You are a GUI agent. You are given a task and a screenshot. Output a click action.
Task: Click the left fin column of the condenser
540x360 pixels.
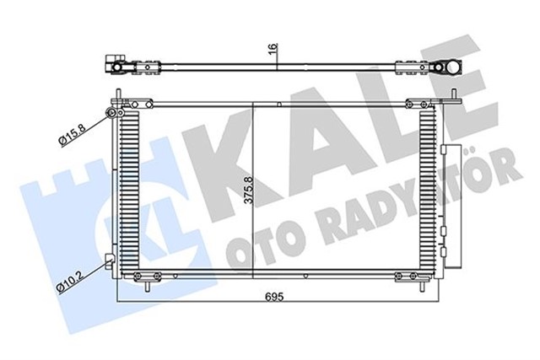(129, 193)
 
